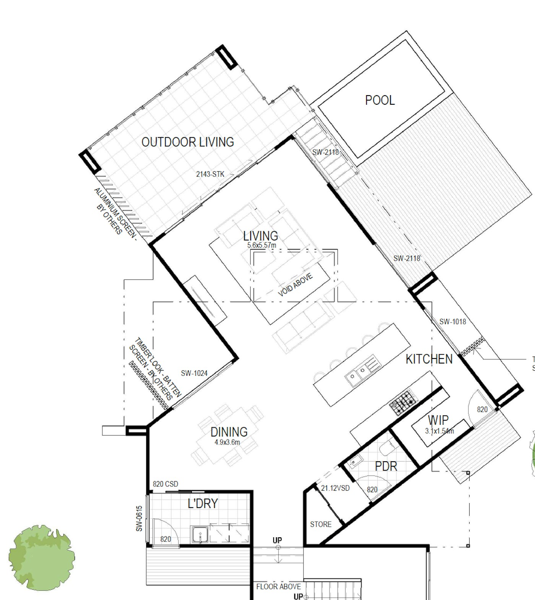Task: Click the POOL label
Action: coord(379,100)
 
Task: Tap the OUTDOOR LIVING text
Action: coord(188,142)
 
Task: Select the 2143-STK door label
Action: coord(210,174)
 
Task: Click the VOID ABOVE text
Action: coord(295,285)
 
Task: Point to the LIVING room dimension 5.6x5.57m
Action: coord(261,245)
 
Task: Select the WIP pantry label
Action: coord(438,420)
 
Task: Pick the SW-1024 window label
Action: coord(194,373)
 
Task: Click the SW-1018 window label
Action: coord(452,322)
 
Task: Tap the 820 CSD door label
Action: coord(165,484)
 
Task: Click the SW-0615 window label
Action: coord(139,519)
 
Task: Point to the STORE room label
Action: coord(321,524)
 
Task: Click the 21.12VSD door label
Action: coord(335,488)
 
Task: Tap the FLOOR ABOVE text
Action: coord(278,587)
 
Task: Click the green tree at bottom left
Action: coord(42,558)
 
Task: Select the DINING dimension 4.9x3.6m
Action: coord(227,442)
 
